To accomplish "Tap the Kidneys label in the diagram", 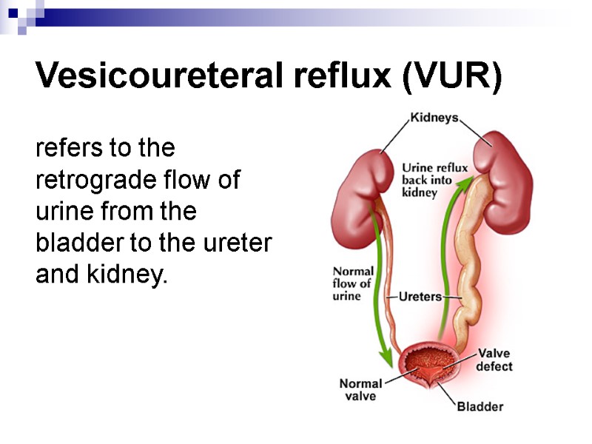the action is (434, 118).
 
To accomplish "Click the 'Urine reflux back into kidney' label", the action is (434, 180).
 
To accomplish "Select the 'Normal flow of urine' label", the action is (353, 283).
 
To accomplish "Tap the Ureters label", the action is (420, 297).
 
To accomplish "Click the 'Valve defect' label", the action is (494, 360).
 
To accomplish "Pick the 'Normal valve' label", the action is (360, 389).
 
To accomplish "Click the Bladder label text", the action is (480, 406).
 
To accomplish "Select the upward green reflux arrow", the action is (447, 244).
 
